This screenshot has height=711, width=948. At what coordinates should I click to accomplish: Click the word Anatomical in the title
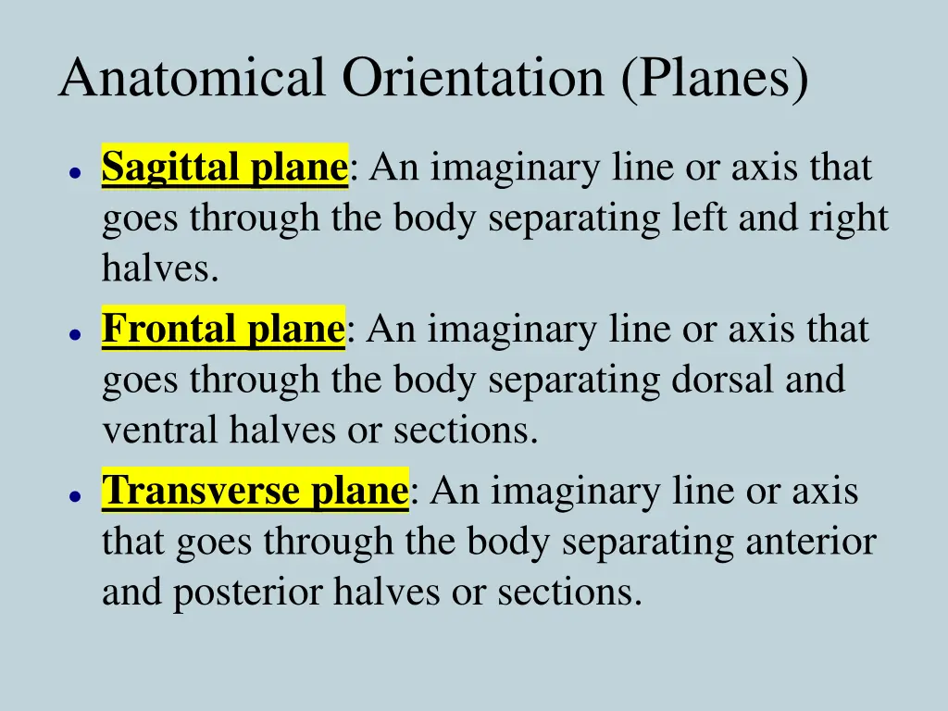pyautogui.click(x=192, y=78)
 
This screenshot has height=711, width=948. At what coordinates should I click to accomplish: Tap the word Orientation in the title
pyautogui.click(x=472, y=78)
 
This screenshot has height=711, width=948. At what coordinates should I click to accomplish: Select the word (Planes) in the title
pyautogui.click(x=715, y=80)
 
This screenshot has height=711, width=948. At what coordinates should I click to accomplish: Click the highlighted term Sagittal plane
pyautogui.click(x=224, y=168)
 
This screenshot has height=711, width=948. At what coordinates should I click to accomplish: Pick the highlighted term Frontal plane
pyautogui.click(x=223, y=330)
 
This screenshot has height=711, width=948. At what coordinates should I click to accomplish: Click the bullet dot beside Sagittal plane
pyautogui.click(x=72, y=172)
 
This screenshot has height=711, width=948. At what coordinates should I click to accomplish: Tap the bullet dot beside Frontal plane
pyautogui.click(x=72, y=334)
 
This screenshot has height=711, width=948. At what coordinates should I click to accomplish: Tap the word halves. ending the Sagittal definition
pyautogui.click(x=160, y=269)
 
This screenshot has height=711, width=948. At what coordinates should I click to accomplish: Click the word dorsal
pyautogui.click(x=732, y=380)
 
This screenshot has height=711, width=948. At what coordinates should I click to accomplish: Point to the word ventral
pyautogui.click(x=159, y=431)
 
